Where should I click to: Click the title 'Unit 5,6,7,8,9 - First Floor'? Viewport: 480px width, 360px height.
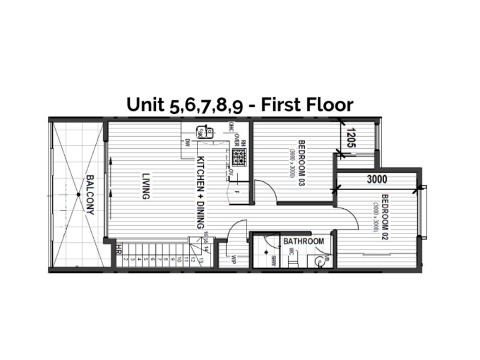click(240, 104)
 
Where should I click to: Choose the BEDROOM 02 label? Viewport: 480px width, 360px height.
click(385, 217)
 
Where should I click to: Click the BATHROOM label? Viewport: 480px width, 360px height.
click(304, 241)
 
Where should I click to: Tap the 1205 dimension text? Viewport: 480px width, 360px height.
click(352, 138)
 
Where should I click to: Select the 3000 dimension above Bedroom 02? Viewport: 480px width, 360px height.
click(377, 179)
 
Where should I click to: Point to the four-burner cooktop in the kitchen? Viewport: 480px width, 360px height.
click(241, 157)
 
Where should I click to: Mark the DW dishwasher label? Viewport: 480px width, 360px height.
click(188, 142)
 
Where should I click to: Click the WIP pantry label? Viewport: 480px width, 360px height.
click(235, 259)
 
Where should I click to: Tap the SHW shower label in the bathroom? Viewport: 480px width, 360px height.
click(272, 259)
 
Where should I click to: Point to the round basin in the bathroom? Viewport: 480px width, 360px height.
click(317, 260)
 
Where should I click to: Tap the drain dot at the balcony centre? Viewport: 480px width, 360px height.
click(77, 194)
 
